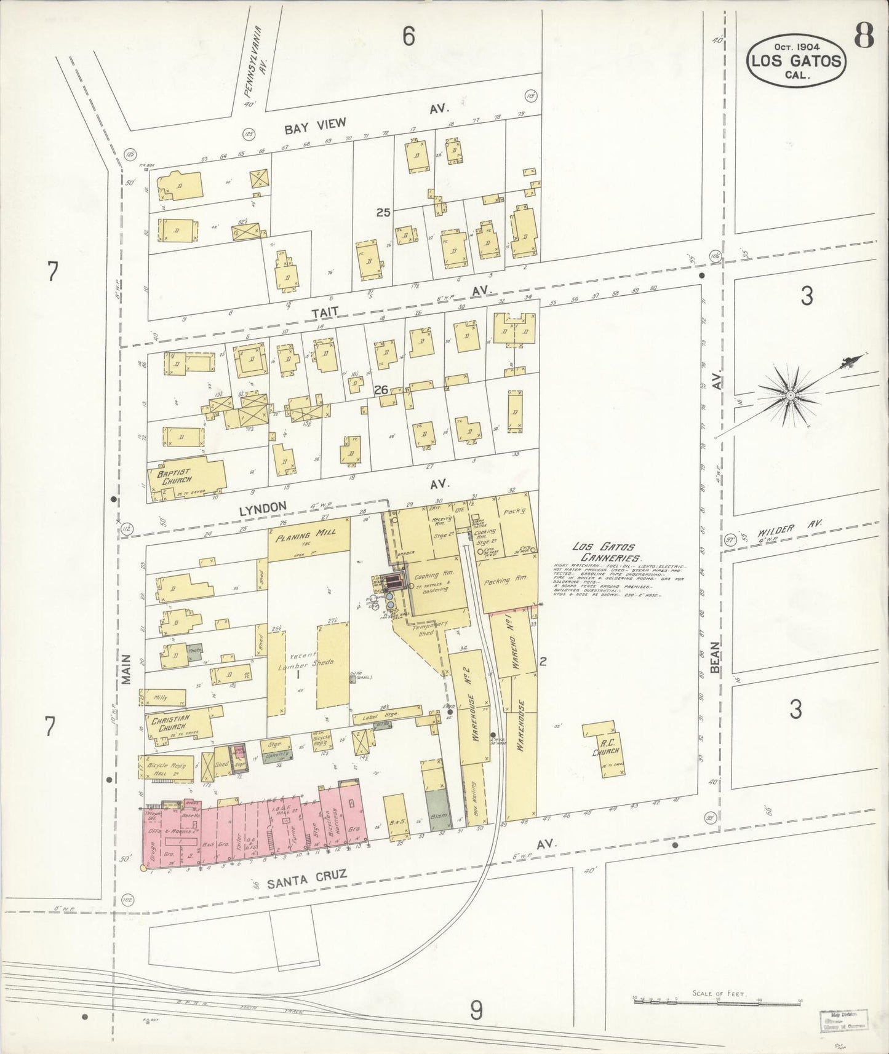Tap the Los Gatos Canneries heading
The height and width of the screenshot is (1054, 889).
(x=607, y=552)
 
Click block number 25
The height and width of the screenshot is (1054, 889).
(x=383, y=213)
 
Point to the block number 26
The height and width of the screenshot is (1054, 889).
(x=381, y=389)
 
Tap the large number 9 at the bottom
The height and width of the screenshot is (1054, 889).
(x=476, y=1008)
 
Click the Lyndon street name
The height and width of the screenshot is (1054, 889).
(x=268, y=505)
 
